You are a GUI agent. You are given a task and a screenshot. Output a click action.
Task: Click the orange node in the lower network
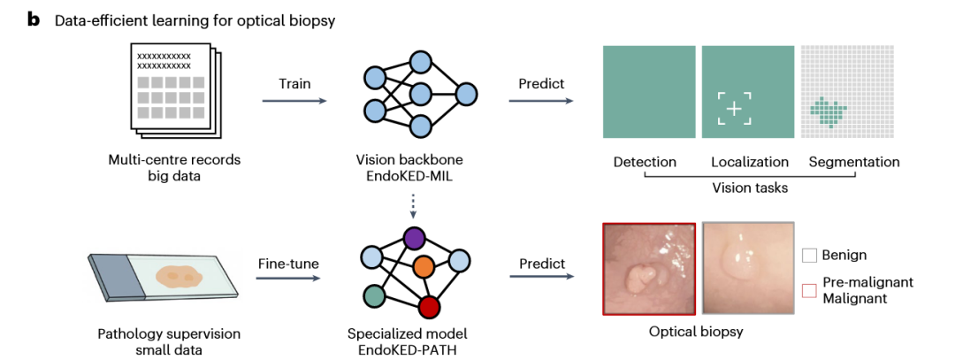423,265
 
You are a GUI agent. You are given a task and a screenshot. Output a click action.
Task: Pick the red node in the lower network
430,306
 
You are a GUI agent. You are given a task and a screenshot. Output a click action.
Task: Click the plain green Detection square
648,92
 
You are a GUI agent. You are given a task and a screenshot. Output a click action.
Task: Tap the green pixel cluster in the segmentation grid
829,111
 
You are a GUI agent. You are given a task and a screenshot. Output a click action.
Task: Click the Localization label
749,163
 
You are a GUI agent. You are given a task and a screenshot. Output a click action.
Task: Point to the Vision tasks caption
749,188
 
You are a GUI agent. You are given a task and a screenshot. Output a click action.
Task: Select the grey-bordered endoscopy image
747,269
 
